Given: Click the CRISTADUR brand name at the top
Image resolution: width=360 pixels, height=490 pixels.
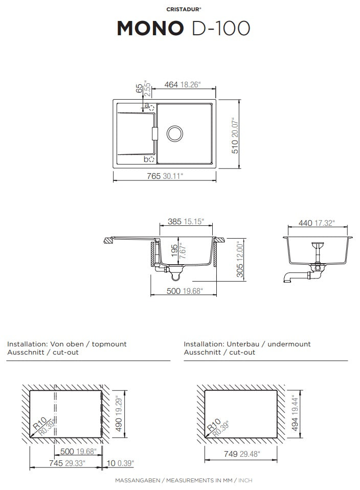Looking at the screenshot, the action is [183, 9].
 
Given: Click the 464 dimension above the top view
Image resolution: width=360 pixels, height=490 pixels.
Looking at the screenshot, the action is [171, 84].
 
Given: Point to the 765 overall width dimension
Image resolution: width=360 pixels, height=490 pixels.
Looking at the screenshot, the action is [153, 176].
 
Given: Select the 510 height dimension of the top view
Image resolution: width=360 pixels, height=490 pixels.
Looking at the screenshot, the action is [235, 147].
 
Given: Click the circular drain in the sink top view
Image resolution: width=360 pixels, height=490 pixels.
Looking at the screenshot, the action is [175, 134].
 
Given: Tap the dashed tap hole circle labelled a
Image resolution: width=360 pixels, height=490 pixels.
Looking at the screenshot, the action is [151, 108].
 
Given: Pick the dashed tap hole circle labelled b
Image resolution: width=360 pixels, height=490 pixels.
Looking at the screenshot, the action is [152, 159].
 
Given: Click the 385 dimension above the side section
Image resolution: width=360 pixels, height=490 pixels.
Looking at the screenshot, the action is [174, 222].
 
